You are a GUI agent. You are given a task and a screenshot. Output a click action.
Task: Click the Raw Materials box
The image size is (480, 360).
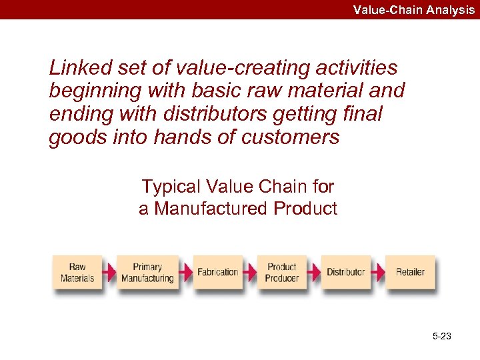[77, 272]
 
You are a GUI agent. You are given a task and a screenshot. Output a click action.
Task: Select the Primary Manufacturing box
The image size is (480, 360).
[147, 272]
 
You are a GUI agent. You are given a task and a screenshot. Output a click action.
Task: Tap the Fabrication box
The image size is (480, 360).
[217, 272]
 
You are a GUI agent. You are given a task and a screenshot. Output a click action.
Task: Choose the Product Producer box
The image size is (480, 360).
[281, 272]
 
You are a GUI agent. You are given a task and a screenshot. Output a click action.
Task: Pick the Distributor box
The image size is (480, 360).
[345, 272]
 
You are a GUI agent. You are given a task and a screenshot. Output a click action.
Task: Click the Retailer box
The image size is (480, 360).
[410, 272]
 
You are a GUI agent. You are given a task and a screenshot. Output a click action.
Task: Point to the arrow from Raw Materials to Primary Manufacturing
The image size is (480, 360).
[109, 272]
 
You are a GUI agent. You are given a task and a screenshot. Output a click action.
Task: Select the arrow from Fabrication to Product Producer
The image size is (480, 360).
[249, 272]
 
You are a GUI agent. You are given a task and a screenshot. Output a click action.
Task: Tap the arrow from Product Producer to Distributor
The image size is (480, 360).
[313, 272]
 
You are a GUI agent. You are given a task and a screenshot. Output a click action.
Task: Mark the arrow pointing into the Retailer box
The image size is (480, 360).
[378, 272]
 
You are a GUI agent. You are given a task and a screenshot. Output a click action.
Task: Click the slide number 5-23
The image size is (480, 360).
[441, 337]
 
